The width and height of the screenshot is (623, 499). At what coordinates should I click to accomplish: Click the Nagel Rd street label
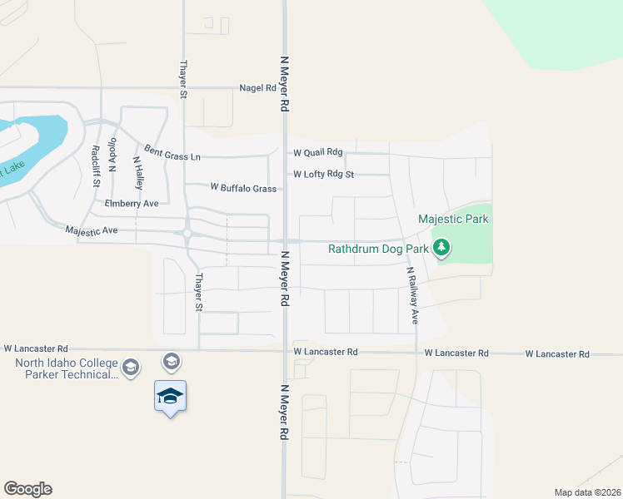pos(257,87)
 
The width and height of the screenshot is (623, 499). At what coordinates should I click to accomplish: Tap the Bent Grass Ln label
pos(172,152)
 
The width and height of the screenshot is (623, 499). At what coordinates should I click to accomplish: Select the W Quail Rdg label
pos(317,152)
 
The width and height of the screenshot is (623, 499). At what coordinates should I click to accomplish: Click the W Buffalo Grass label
pos(243,189)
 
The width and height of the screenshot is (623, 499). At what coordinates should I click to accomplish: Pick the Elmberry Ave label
pos(132,203)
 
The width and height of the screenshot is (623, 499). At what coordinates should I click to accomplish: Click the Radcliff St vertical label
pos(96,166)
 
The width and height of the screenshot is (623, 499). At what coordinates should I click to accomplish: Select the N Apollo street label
pos(112,157)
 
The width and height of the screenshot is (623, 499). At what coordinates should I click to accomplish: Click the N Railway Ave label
pos(411,295)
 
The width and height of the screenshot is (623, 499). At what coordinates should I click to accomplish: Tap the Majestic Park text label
pos(452,220)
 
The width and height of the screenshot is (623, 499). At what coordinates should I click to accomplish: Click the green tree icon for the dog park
pos(442,247)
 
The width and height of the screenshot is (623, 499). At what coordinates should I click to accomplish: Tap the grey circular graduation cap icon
pos(172,360)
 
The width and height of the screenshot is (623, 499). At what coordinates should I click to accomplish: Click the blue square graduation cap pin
pos(170,396)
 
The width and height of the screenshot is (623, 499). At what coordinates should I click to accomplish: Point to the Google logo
pos(27,489)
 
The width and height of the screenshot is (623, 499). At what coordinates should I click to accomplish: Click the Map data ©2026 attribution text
pos(587,492)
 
